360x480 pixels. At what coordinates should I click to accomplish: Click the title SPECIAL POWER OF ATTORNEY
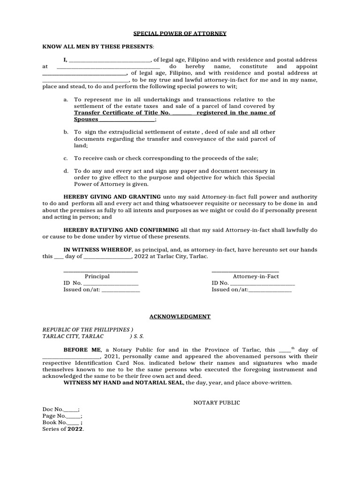tap(180, 34)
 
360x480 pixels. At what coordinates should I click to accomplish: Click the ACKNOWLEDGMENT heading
tap(180, 317)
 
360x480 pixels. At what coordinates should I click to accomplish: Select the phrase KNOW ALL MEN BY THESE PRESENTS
tap(97, 47)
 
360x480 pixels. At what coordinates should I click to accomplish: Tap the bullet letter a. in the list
tap(66, 100)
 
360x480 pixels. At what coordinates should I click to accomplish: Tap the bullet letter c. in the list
tap(66, 159)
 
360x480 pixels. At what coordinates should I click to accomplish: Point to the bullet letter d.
tap(66, 171)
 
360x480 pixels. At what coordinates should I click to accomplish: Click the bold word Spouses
tap(86, 120)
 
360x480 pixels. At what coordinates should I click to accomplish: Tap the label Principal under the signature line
tap(97, 277)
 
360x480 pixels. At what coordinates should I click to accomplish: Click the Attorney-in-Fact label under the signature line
tap(256, 277)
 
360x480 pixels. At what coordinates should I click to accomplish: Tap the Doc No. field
tap(60, 409)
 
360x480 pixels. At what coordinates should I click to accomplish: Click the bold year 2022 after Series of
tap(75, 429)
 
